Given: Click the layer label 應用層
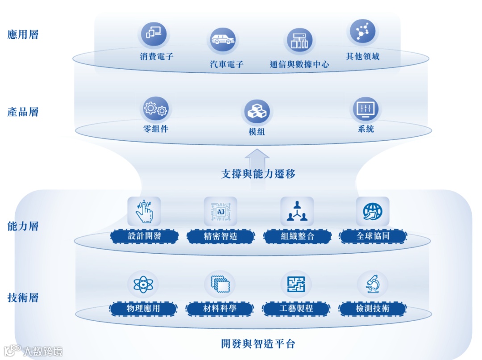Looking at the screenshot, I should click(x=23, y=35).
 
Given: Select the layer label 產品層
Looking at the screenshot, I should click(x=23, y=112).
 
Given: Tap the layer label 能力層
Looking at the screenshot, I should click(x=23, y=226).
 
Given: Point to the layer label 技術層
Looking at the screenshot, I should click(x=23, y=297).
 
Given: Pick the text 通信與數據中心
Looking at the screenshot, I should click(x=299, y=64).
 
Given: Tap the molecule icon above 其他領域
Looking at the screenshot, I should click(x=362, y=31).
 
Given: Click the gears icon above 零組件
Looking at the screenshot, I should click(x=156, y=109).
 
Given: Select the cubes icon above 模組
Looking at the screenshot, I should click(x=257, y=112).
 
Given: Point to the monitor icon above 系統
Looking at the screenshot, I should click(x=366, y=109).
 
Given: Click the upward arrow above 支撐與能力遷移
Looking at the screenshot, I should click(x=257, y=158).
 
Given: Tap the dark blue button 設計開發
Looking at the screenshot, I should click(x=145, y=236).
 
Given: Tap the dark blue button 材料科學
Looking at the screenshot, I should click(x=220, y=308).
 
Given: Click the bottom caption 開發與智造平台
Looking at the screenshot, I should click(x=258, y=344).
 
